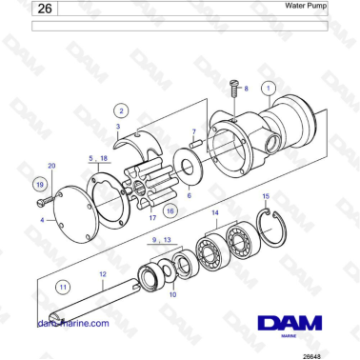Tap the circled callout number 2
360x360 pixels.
coord(122,110)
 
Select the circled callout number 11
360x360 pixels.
coord(63,285)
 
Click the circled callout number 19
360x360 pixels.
coord(39,184)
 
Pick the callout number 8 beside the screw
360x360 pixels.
coord(246,88)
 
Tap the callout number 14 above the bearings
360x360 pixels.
coord(215,212)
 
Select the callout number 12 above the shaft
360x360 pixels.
coord(102,274)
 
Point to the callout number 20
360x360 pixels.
coord(51,166)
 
